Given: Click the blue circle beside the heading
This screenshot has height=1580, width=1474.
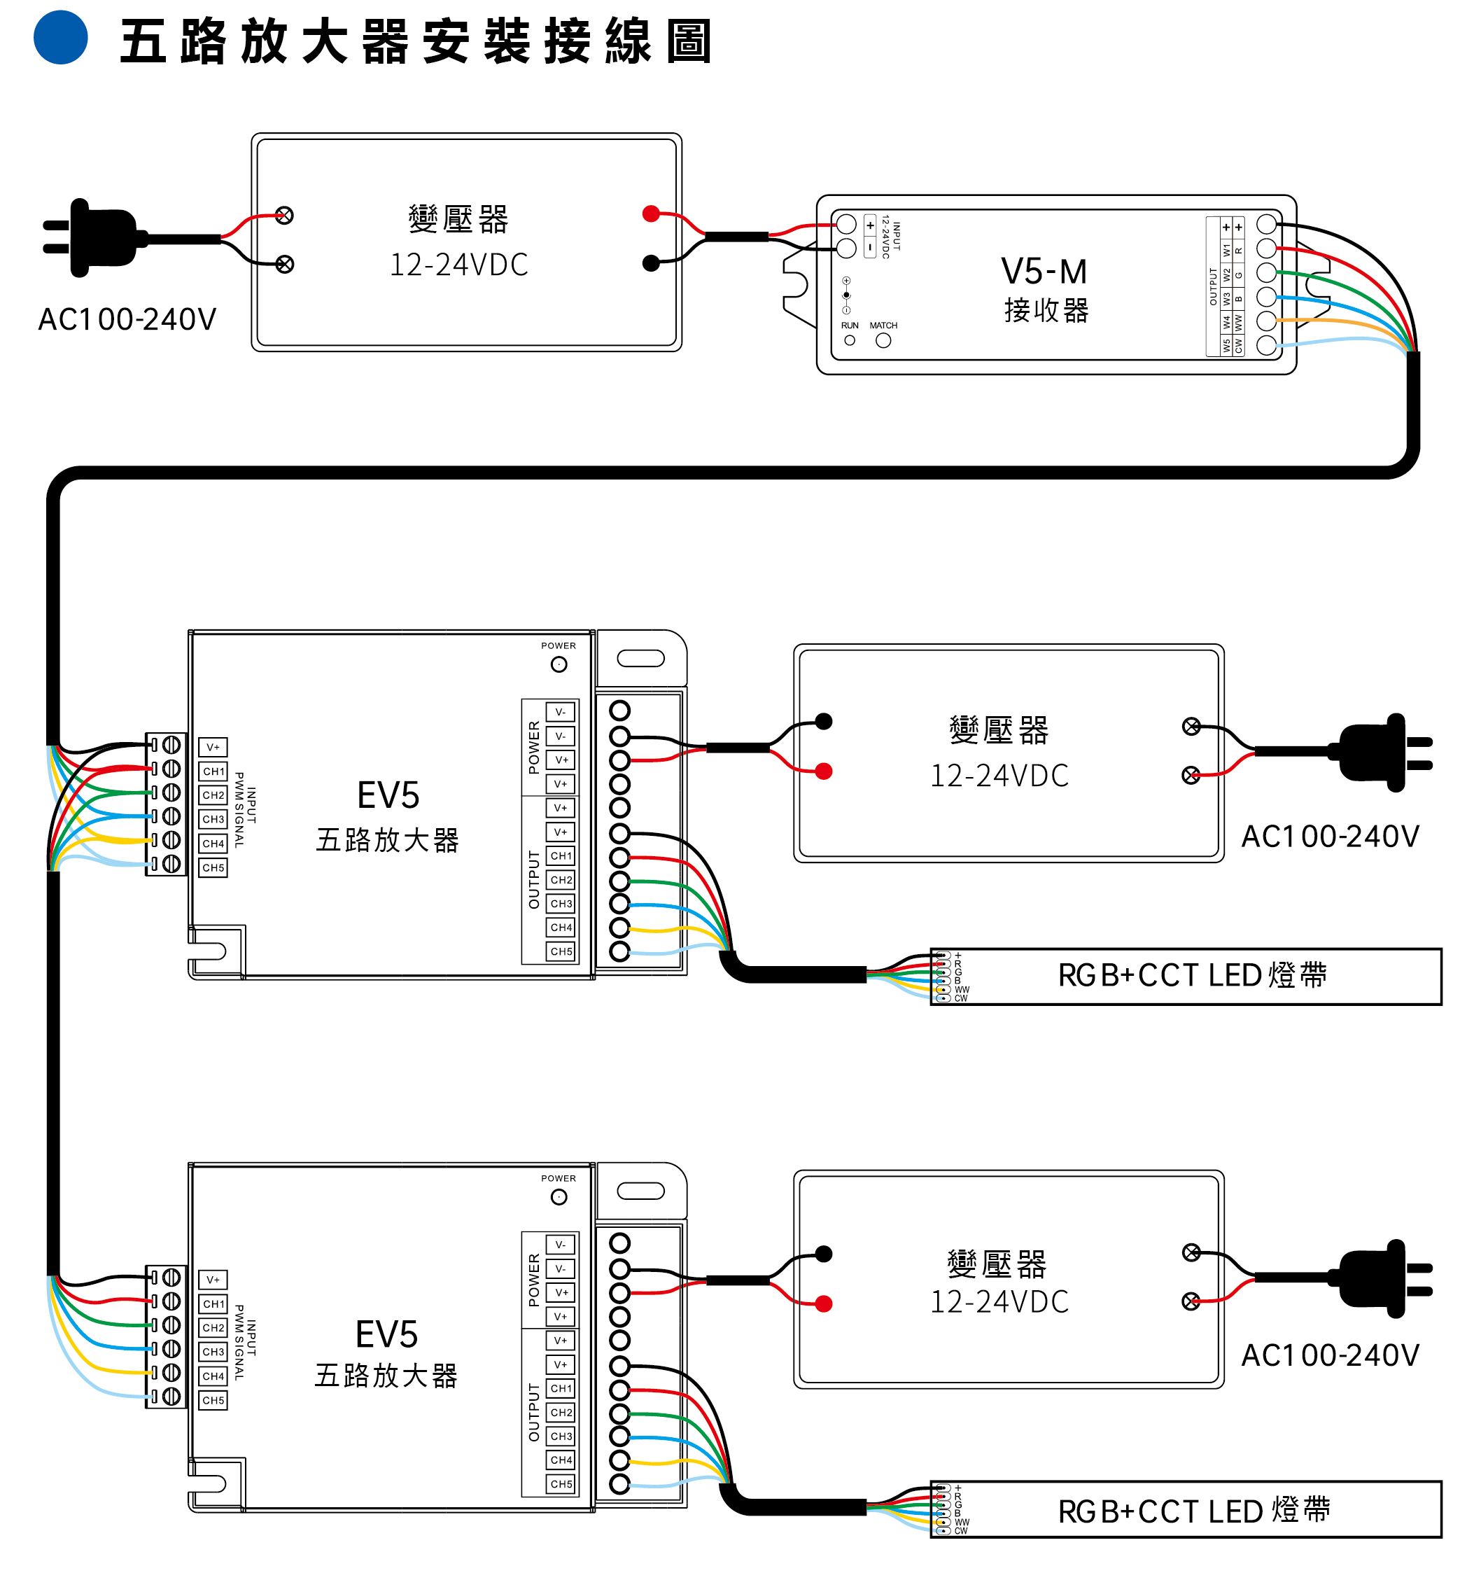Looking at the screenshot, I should [60, 37].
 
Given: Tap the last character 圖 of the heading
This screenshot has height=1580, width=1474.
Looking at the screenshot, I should [688, 41].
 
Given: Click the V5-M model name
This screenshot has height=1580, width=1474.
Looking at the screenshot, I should [1044, 272].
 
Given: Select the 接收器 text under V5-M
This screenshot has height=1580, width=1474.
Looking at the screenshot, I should [1046, 310].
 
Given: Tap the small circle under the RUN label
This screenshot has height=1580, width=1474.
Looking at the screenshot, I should [850, 340].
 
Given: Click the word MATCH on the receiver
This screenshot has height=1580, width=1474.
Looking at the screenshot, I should [883, 325].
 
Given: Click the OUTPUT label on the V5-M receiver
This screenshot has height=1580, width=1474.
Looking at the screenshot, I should [1212, 286].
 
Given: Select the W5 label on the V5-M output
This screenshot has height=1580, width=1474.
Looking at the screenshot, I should [1226, 346].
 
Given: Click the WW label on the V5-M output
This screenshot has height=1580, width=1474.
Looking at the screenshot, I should [1238, 322].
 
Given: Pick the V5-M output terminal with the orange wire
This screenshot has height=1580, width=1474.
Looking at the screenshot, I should [1266, 321].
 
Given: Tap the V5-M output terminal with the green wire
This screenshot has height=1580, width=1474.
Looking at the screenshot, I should [1266, 272].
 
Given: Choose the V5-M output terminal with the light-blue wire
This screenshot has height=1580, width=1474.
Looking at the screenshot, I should [1266, 345].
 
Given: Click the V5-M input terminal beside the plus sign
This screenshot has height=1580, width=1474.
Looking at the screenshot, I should [846, 224].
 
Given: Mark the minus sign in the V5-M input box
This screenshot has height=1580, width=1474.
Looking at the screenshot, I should [870, 248].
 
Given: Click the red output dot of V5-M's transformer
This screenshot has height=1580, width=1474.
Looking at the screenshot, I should [651, 213].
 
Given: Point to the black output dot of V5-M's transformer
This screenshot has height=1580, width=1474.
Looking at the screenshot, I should [651, 264].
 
